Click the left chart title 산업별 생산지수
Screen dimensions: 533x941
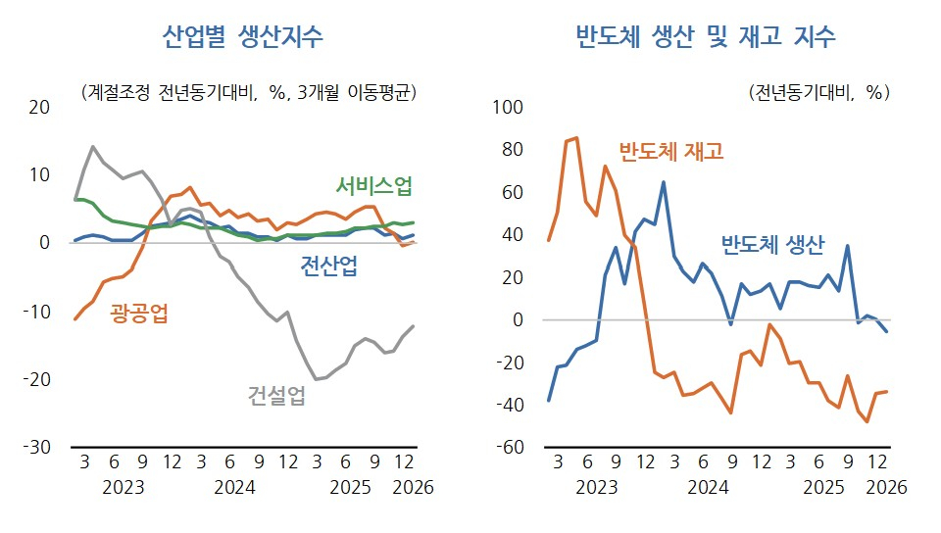243,36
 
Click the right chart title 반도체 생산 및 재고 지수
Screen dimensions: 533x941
706,36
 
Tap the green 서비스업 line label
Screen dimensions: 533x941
373,186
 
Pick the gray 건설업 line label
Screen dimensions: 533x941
275,395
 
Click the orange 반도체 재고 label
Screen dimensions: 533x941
670,152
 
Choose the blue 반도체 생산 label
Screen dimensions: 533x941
772,244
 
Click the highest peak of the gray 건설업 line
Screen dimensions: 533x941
93,147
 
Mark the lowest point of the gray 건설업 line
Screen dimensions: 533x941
316,379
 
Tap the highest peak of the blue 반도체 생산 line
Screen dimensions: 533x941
664,182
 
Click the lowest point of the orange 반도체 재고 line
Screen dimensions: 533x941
867,421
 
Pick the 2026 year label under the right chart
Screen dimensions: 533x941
886,487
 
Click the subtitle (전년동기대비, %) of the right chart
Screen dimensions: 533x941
818,93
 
